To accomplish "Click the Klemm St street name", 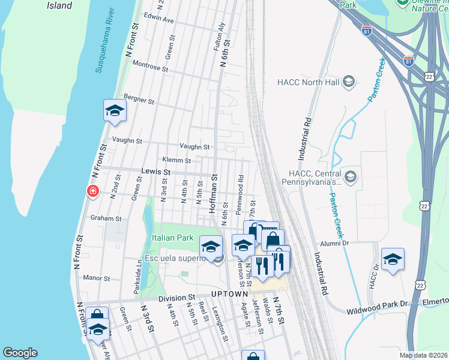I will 176,161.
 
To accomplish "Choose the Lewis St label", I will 155,172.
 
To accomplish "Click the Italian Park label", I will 172,238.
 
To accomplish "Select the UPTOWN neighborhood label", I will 230,294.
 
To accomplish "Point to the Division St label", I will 177,298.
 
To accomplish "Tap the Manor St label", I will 95,278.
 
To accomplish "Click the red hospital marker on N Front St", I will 92,191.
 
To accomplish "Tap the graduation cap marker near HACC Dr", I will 393,259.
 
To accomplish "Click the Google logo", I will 20,353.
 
